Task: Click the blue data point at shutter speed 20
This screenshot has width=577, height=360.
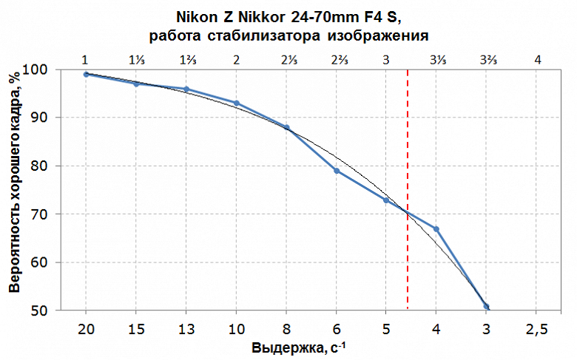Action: point(87,74)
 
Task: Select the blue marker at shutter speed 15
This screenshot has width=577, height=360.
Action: point(136,84)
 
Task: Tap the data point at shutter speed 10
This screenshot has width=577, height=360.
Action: point(236,103)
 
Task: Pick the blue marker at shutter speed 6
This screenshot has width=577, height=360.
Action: point(337,171)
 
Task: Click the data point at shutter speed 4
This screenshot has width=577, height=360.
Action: point(436,229)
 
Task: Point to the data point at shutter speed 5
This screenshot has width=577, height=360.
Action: point(386,200)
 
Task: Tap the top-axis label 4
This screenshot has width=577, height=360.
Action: point(537,58)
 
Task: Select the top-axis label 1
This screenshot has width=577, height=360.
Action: point(86,58)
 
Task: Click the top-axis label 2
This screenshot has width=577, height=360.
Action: point(236,58)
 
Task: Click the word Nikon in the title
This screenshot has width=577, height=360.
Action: point(195,16)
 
